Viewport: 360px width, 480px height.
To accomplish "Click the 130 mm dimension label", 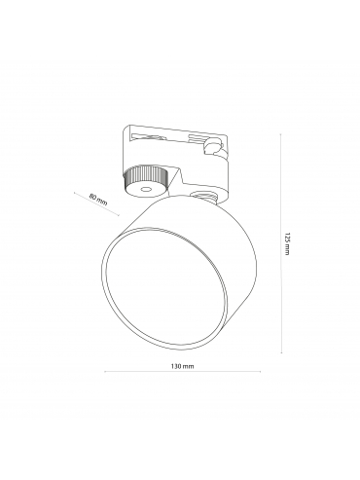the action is click(x=182, y=366).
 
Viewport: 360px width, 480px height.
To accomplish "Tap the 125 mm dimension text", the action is click(x=286, y=243).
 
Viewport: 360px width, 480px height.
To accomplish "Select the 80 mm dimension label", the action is click(x=98, y=199).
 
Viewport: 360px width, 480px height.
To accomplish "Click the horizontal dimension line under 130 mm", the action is click(x=182, y=372).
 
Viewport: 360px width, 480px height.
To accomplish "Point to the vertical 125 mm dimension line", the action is click(x=281, y=243).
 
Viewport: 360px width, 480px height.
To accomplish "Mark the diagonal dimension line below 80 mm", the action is click(x=96, y=203).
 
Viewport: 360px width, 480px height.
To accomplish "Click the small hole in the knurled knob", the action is click(x=145, y=189).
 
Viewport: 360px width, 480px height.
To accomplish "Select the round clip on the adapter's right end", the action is click(x=212, y=146).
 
